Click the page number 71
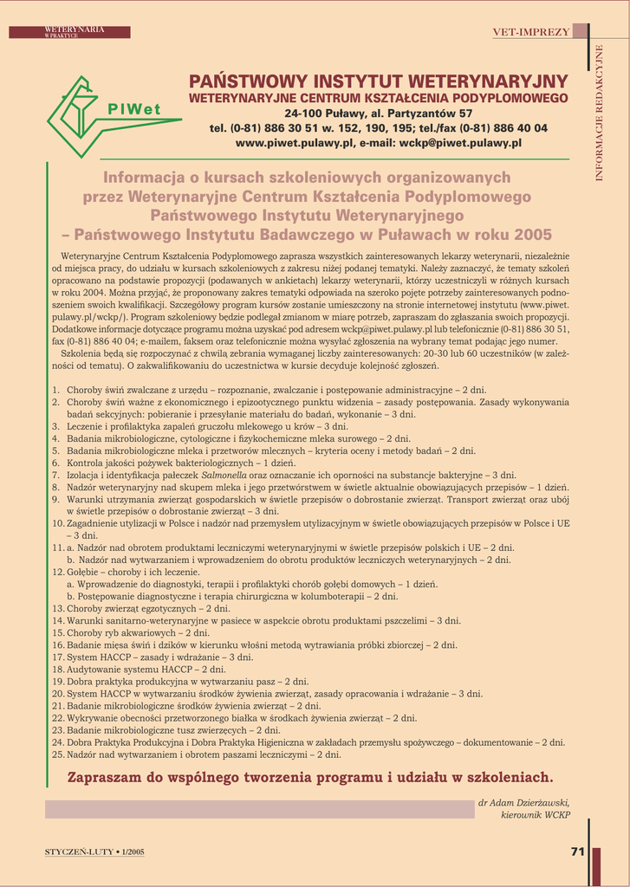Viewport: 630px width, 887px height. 577,851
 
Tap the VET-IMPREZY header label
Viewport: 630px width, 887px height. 531,32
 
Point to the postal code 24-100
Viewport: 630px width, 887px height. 304,113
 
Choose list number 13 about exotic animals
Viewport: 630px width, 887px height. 58,608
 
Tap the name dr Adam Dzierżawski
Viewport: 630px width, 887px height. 523,803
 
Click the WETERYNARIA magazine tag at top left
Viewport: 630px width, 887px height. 74,30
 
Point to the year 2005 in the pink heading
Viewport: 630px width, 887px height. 532,235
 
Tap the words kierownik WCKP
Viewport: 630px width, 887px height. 536,816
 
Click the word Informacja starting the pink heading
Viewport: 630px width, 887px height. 150,178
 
